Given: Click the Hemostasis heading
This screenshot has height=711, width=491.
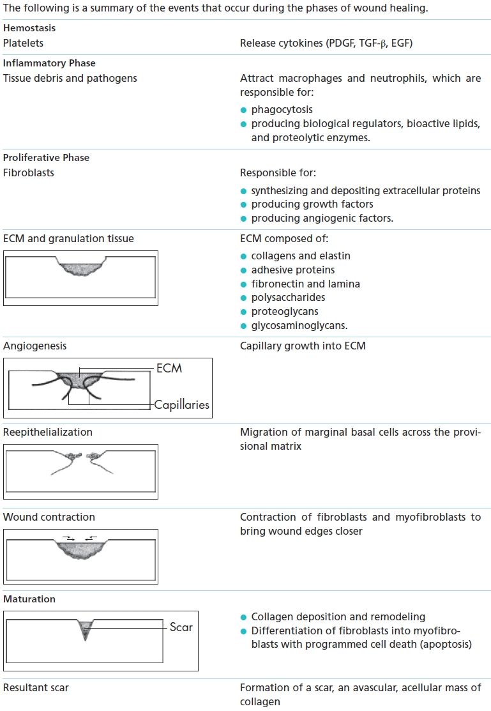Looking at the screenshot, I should pos(29,29).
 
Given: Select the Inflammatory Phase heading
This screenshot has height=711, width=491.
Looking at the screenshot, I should pos(49,63).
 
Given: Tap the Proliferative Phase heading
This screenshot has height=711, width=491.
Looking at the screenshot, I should pos(46,157).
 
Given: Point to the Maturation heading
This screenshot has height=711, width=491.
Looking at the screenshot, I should pos(29,599).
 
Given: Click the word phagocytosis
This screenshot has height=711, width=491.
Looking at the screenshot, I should pos(282,110).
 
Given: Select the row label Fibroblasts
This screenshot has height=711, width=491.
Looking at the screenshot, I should pos(29,172).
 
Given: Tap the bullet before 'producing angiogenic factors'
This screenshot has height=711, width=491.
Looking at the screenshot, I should pos(243,218).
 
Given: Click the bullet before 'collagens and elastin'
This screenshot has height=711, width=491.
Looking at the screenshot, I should pos(243,256).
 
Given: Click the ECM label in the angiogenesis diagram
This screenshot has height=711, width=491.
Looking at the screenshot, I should pos(169,368).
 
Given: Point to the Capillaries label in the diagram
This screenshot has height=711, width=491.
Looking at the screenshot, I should pos(181,404).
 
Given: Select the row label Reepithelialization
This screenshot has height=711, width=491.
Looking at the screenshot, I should pos(48,432).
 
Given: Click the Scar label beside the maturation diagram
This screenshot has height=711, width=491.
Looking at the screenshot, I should pos(181,627).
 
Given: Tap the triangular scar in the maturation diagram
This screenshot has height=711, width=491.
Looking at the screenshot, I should pos(85,629).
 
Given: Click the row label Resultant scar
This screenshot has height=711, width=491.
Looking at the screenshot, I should pos(36,688).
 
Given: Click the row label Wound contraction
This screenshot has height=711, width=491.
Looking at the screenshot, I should pos(49,517).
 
